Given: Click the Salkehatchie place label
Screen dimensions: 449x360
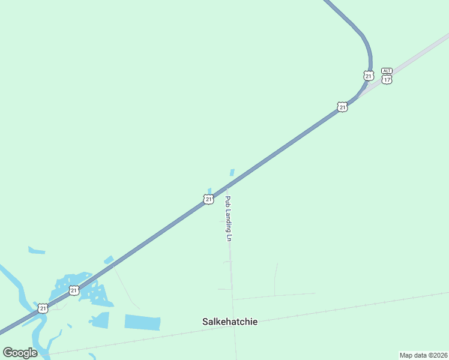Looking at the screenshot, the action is (230, 322).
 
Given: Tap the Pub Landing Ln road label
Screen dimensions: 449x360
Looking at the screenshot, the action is (228, 218).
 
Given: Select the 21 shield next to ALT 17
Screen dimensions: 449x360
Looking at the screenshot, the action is (368, 76).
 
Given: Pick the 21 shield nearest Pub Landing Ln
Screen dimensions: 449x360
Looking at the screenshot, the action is (208, 199).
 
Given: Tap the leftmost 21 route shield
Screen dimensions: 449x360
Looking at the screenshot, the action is (43, 308).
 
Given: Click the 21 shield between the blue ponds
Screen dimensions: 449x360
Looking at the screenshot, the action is (74, 290).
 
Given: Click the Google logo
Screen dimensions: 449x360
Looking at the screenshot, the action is (20, 352).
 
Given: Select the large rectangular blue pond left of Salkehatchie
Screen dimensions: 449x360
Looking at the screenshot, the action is (142, 322).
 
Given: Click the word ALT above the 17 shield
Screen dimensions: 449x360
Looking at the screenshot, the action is (387, 71).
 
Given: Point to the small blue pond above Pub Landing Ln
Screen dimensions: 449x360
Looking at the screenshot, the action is (232, 172).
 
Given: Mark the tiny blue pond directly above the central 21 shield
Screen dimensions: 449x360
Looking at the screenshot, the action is (209, 191).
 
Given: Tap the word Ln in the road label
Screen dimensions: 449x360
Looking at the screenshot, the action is (229, 237).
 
